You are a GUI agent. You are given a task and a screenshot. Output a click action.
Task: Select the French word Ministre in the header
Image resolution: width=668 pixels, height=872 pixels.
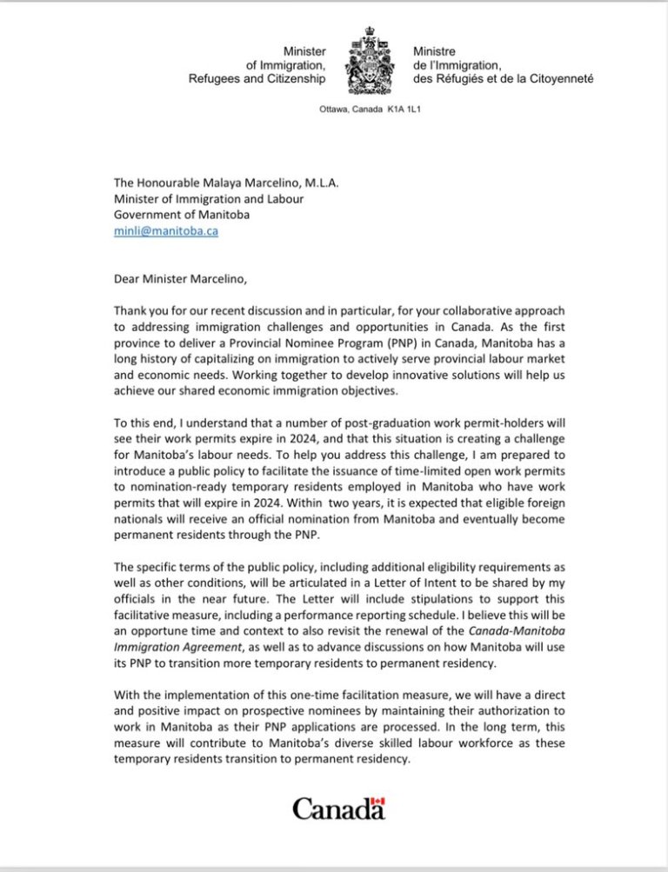click(435, 52)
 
